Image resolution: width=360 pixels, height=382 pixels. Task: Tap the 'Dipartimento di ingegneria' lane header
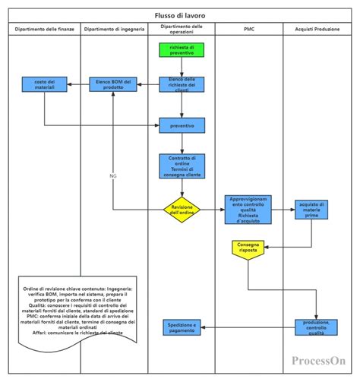114,29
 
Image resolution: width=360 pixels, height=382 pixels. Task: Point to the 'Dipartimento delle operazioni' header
181,29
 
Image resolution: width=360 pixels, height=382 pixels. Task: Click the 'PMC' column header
248,29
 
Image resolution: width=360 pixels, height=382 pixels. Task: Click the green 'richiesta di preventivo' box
182,51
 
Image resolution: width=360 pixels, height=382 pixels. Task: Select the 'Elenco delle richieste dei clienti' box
182,84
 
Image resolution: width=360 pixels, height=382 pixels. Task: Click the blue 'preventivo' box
182,124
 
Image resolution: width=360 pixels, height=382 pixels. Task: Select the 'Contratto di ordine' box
182,166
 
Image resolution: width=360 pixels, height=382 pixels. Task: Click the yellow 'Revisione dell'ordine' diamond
182,210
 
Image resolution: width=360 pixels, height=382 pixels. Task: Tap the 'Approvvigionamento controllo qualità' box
248,210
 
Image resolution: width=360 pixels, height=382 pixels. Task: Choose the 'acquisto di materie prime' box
311,210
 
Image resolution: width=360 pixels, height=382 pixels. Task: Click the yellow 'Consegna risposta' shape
248,249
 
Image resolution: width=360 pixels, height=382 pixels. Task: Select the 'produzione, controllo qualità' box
311,327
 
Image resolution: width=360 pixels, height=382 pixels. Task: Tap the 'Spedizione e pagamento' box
182,327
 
